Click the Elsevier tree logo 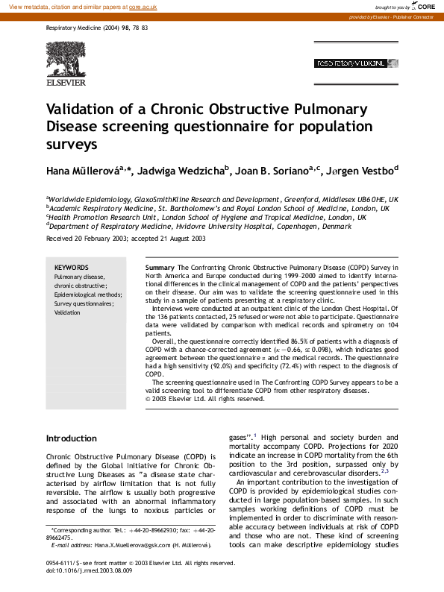pyautogui.click(x=65, y=60)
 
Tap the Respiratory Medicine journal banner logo pyautogui.click(x=350, y=63)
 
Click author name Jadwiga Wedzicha pyautogui.click(x=195, y=171)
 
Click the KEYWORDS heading pyautogui.click(x=72, y=267)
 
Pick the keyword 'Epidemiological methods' pyautogui.click(x=81, y=295)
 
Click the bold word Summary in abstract pyautogui.click(x=160, y=267)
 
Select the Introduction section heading pyautogui.click(x=72, y=438)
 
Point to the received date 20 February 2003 pyautogui.click(x=98, y=239)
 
